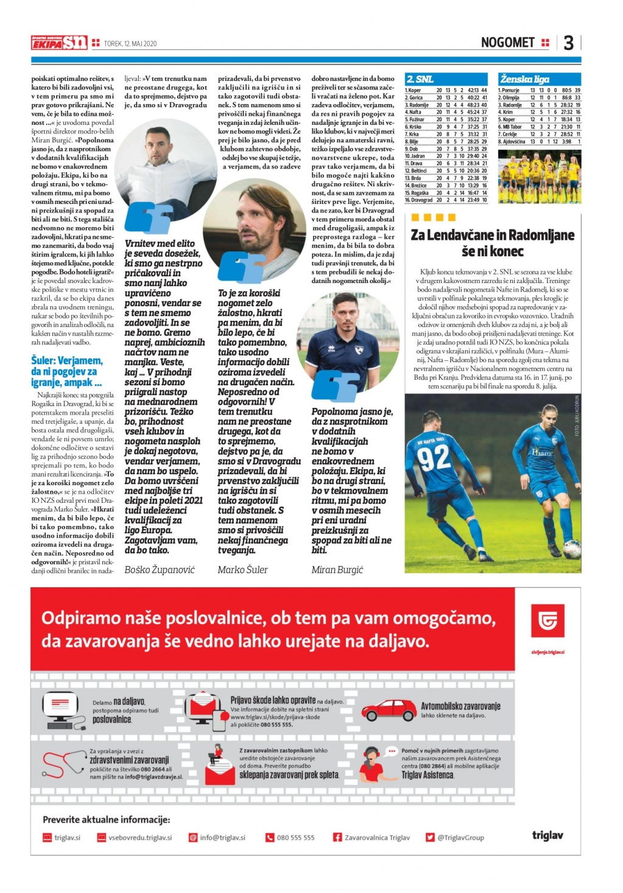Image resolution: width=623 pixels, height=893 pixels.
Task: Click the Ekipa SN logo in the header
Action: (x=59, y=43)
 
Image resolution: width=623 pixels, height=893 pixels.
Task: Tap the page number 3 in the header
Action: (x=568, y=43)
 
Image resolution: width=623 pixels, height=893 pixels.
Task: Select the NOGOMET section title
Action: (x=507, y=43)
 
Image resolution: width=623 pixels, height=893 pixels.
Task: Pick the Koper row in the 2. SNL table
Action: (x=446, y=90)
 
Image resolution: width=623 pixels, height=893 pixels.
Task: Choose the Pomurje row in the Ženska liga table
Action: (x=539, y=90)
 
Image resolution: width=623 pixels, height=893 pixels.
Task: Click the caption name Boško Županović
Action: (x=160, y=570)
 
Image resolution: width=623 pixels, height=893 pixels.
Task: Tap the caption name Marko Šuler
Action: (x=242, y=570)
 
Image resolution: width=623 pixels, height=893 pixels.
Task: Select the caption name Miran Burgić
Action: (x=337, y=570)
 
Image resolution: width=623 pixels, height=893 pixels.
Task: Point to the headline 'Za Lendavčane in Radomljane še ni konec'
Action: (x=493, y=243)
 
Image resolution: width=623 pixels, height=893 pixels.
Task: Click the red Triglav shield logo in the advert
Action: (x=547, y=621)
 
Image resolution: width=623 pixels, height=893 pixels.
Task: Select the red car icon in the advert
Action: (x=388, y=710)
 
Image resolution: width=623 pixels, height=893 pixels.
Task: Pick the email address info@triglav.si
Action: (x=222, y=838)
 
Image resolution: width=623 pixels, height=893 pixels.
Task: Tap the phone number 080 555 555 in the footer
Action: (x=295, y=838)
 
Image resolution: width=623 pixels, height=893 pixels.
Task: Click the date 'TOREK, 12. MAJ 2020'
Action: (x=130, y=43)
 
